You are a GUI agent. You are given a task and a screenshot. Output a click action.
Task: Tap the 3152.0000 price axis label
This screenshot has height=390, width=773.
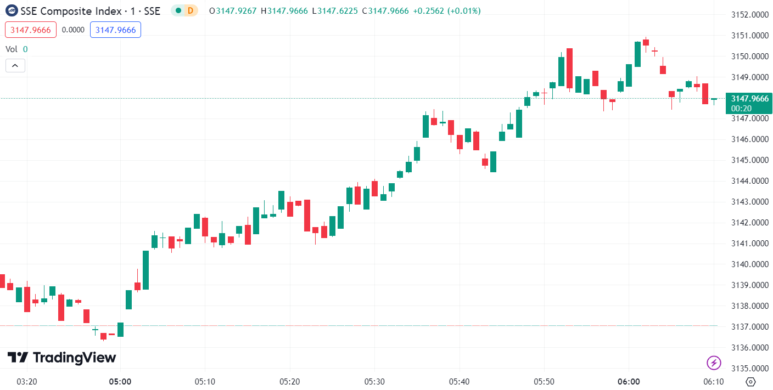tap(750, 15)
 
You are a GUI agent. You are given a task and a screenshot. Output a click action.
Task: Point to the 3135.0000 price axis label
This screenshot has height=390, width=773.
tap(750, 369)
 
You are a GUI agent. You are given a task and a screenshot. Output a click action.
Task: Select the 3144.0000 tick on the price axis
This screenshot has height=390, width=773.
tap(750, 181)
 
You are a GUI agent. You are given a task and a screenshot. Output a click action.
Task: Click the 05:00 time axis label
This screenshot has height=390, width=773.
tap(120, 381)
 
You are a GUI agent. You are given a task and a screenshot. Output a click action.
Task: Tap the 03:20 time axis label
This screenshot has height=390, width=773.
tap(27, 381)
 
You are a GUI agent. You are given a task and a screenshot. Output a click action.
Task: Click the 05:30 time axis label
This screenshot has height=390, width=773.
tap(374, 381)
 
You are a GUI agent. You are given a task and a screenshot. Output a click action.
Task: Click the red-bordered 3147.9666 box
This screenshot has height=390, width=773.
tap(31, 30)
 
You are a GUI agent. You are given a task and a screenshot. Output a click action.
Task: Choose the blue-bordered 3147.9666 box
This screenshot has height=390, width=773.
tap(115, 30)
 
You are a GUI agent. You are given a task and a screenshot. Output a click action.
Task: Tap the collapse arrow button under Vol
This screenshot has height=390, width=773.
tap(15, 66)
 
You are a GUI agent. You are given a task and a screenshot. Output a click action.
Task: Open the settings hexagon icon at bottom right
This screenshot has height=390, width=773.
tap(751, 382)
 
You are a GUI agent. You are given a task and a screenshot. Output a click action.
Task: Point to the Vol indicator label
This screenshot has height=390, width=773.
tap(12, 49)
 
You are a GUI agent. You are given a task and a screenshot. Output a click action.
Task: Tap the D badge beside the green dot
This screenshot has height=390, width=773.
tap(190, 10)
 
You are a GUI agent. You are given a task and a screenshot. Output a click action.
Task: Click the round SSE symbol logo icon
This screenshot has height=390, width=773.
tap(11, 10)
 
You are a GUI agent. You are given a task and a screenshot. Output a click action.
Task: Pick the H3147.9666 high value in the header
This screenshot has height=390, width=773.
tap(284, 10)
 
